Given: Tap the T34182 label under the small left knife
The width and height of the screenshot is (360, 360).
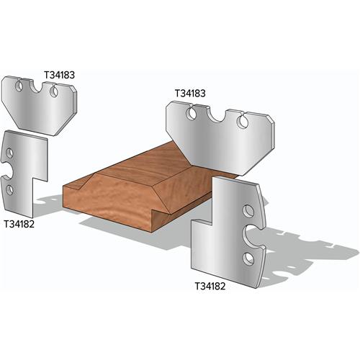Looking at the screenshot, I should coord(21,223).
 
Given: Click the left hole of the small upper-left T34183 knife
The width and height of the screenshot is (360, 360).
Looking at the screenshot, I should coord(21,87).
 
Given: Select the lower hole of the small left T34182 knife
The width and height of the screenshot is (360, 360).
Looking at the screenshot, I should coord(11,189).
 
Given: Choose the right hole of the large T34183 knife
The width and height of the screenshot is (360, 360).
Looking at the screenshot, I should coord(245,122).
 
